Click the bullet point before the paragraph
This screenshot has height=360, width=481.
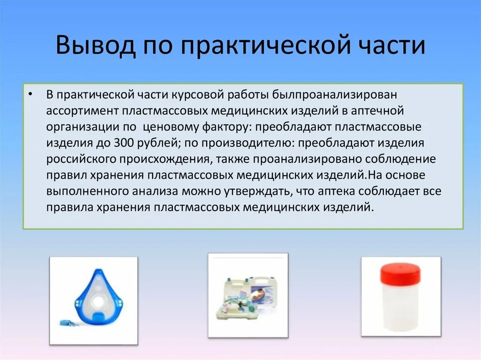coord(31,94)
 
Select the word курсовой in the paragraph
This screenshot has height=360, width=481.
coord(201,94)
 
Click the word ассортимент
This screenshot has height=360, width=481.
coord(82,111)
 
